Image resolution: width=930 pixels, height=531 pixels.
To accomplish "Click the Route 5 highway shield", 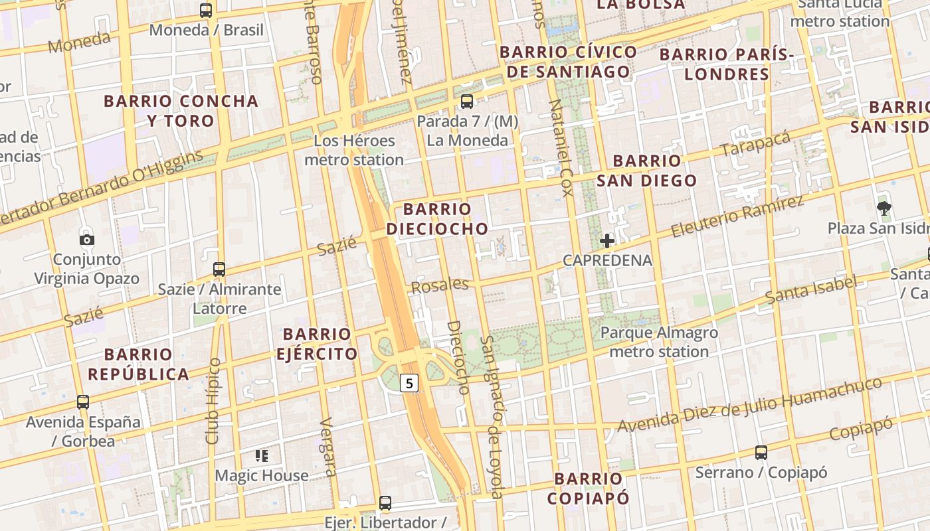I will pos(410,383).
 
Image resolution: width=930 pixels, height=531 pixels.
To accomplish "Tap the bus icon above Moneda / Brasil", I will pos(206,11).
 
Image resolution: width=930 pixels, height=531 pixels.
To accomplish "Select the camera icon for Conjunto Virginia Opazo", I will pos(86,240).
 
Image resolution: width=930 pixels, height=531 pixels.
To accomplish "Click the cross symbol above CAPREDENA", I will pos(606,241).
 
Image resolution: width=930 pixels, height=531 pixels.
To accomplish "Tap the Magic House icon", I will pos(261,456).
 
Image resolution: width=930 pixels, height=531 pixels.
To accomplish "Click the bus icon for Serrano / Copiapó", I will pos(761,453).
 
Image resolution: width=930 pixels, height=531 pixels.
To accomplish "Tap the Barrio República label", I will pos(138,364).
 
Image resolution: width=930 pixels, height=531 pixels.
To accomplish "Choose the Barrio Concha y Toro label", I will pos(181,111).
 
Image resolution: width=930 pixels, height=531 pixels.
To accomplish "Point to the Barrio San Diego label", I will pos(646,170).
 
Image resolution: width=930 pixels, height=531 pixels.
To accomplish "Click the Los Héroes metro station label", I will pos(354,150).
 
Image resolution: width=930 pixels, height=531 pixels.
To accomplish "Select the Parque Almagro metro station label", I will pos(659,342).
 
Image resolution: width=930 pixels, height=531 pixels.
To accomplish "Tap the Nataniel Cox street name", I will pos(561,148).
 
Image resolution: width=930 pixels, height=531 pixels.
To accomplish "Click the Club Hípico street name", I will pos(213,401).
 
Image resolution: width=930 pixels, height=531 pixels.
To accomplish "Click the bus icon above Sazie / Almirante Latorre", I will pos(219,269).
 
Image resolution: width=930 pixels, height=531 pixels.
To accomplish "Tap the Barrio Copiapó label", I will pos(589,488).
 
